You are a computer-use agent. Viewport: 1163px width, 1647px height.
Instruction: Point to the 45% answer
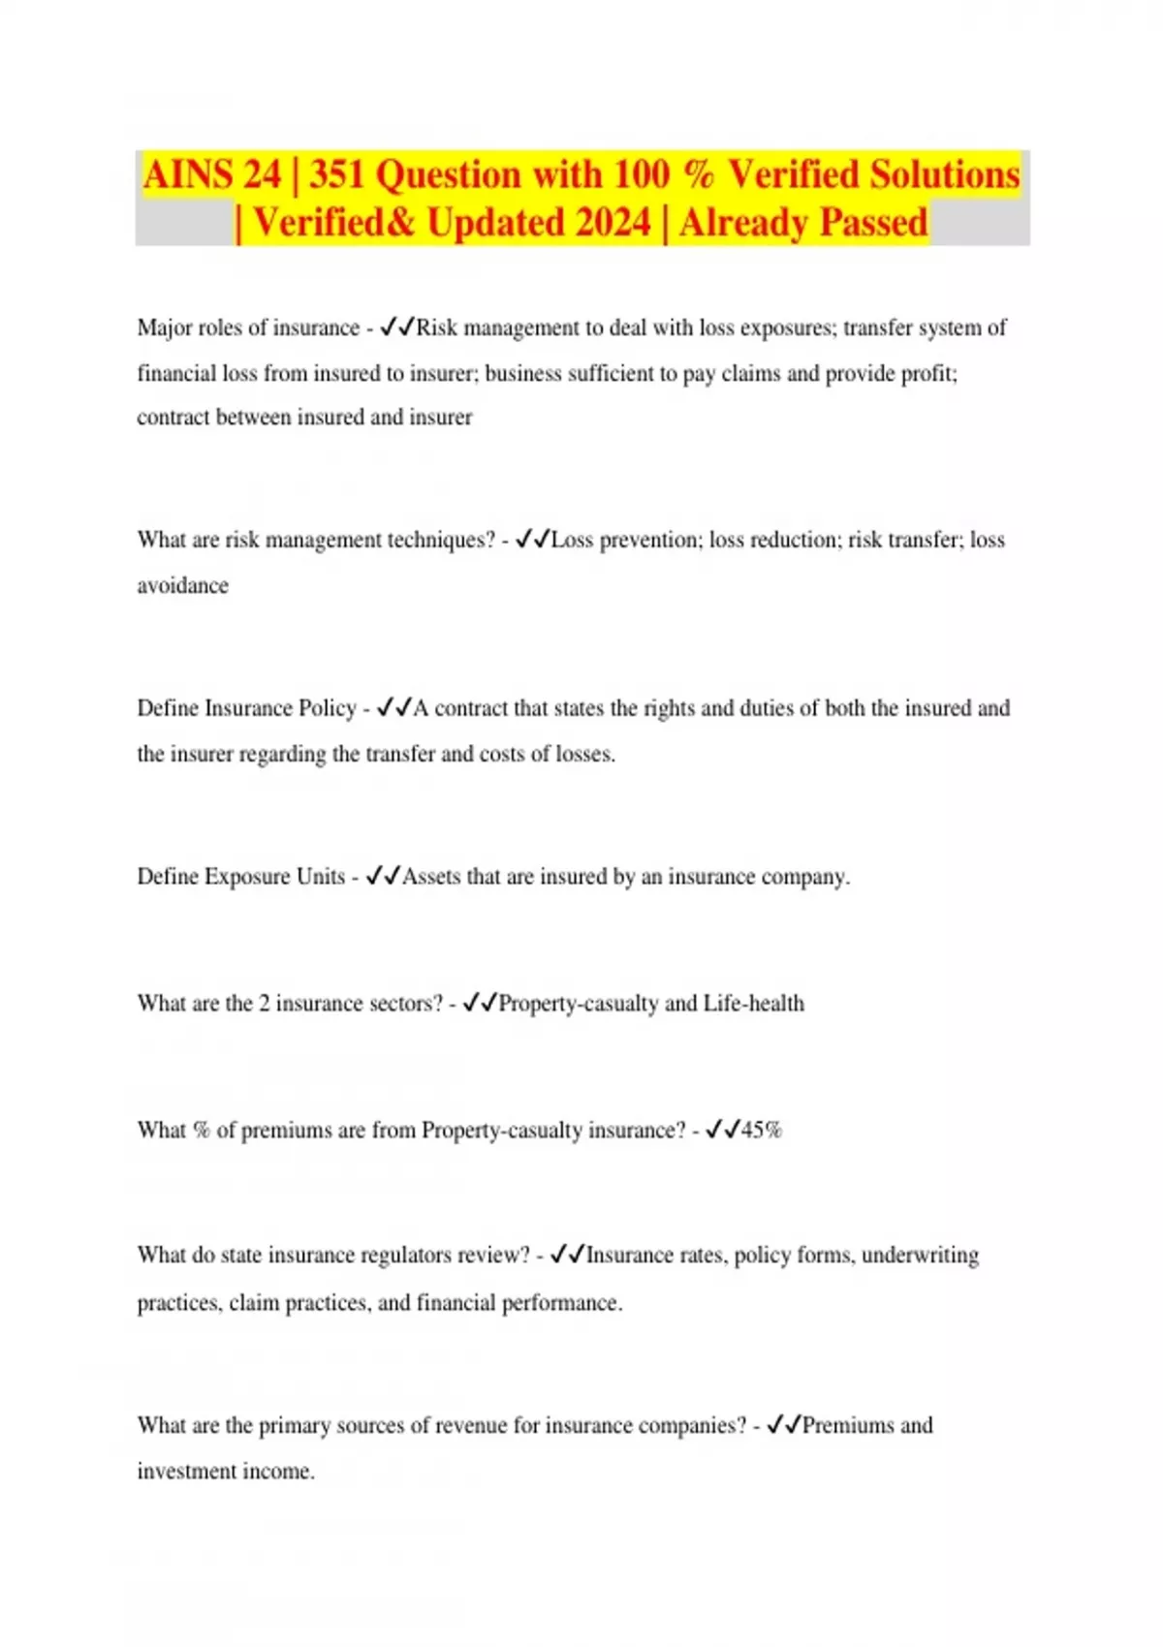click(761, 1130)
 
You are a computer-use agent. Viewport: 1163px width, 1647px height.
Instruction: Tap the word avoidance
click(182, 585)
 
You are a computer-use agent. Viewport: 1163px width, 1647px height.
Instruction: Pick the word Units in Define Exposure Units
click(321, 877)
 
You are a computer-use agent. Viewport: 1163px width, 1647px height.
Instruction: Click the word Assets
click(430, 877)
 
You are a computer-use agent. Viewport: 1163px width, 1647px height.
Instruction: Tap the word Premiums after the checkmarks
click(847, 1425)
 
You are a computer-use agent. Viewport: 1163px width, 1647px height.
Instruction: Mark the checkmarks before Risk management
click(397, 327)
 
